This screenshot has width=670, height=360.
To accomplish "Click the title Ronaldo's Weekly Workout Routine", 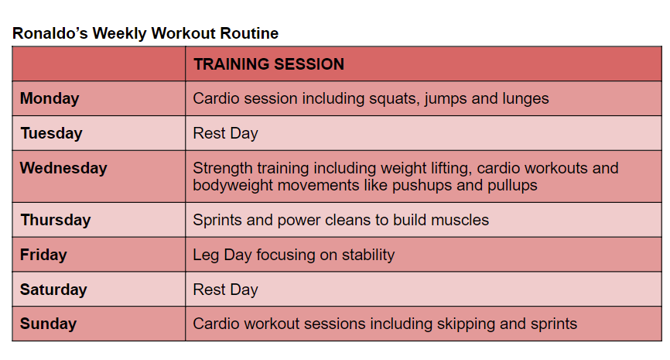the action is click(145, 33).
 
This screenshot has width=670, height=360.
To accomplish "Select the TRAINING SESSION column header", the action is click(268, 64).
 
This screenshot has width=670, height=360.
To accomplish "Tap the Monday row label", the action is click(50, 99).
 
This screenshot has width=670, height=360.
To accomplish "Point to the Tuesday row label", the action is click(51, 133).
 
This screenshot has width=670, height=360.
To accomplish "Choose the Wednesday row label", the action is click(63, 168).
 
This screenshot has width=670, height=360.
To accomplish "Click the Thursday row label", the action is click(56, 220).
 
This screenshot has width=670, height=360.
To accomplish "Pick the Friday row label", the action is click(43, 255).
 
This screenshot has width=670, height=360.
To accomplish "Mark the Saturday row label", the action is click(53, 290).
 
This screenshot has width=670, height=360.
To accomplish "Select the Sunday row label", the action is click(48, 324).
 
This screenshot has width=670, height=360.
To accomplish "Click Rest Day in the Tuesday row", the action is click(225, 133).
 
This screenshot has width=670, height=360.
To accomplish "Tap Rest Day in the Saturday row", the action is click(225, 290).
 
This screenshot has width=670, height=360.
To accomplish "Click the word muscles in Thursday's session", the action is click(460, 220).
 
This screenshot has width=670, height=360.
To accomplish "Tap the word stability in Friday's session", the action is click(368, 255).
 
